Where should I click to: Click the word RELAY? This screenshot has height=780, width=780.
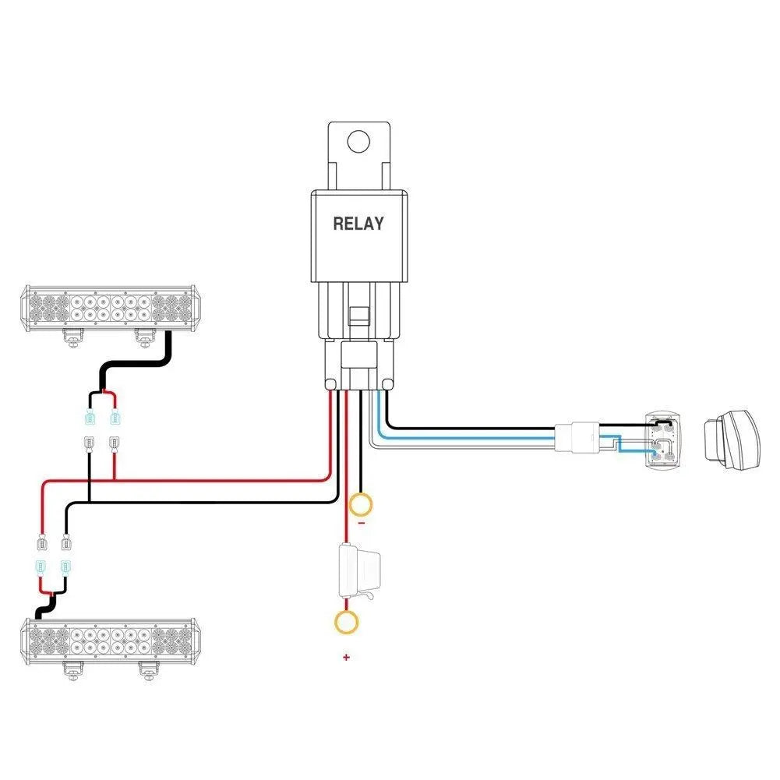358,224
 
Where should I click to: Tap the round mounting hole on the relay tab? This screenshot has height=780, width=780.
358,142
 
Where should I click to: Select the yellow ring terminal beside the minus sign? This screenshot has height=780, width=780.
360,505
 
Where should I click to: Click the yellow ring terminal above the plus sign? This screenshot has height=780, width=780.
346,622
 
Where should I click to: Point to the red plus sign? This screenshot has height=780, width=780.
346,657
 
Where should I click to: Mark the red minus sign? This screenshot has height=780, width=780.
361,524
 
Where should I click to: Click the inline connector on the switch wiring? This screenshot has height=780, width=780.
577,436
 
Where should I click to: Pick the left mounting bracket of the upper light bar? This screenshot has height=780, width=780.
72,337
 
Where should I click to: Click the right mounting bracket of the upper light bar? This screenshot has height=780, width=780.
144,337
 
